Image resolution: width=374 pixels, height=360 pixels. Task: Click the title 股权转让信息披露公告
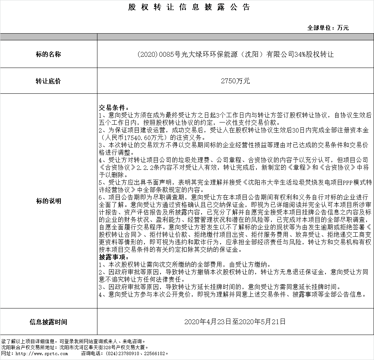pyautogui.click(x=189, y=7)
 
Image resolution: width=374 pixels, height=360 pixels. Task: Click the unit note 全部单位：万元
pyautogui.click(x=328, y=28)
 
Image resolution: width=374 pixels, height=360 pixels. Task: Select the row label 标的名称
pyautogui.click(x=48, y=55)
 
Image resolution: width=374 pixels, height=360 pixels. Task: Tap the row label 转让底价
pyautogui.click(x=48, y=81)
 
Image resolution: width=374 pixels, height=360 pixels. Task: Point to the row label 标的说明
pyautogui.click(x=48, y=201)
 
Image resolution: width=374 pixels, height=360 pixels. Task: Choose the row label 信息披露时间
pyautogui.click(x=48, y=322)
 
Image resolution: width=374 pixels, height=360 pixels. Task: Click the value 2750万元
pyautogui.click(x=235, y=81)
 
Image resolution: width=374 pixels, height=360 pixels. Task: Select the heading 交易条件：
pyautogui.click(x=113, y=108)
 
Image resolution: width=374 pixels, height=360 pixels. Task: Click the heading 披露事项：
pyautogui.click(x=113, y=257)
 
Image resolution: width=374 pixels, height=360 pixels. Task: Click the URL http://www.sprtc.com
pyautogui.click(x=35, y=353)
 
